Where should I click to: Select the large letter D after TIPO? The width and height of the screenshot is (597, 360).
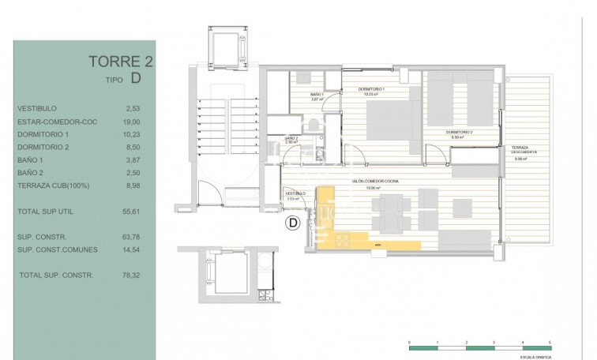(137, 77)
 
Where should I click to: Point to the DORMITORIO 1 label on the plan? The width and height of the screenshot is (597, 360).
(373, 90)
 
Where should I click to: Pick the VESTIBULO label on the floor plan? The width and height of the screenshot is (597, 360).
(295, 193)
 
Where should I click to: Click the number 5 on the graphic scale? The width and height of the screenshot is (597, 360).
(550, 339)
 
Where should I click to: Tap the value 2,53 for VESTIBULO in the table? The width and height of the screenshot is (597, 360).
(132, 109)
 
